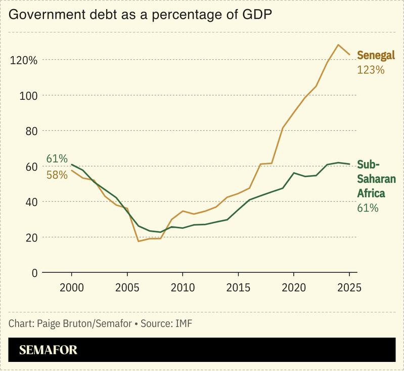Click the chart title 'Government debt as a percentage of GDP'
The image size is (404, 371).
[141, 15]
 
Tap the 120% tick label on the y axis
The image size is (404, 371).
[24, 60]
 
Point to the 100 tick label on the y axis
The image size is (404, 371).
[28, 96]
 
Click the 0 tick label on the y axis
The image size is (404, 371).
[34, 273]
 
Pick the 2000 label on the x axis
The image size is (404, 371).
[71, 287]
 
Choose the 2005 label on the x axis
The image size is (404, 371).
[127, 287]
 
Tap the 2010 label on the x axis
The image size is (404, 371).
[183, 287]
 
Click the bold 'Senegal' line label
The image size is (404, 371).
[376, 55]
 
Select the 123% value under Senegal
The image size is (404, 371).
[371, 70]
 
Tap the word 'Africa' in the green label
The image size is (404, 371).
[372, 193]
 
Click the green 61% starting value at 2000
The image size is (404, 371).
[57, 159]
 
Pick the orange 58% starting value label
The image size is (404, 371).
[57, 175]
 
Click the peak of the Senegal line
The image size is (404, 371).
[338, 45]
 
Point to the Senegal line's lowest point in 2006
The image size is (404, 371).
[139, 241]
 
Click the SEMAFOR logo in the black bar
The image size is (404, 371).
[48, 350]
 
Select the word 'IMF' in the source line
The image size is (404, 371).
[184, 323]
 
